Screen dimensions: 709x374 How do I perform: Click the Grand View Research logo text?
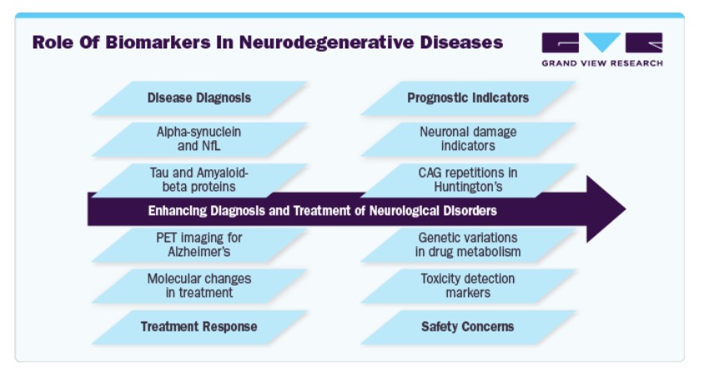[602, 63]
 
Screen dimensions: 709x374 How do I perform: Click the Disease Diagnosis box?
[199, 98]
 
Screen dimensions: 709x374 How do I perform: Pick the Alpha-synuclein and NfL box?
[199, 139]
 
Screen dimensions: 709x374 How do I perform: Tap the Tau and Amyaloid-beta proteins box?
[199, 179]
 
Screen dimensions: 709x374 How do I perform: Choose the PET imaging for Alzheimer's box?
[199, 245]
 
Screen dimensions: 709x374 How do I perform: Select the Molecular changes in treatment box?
[199, 286]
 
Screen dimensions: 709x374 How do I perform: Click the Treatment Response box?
[199, 327]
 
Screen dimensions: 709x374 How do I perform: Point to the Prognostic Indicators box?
[468, 98]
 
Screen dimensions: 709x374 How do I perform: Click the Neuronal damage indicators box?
[468, 139]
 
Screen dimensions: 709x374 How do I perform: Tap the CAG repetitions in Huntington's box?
[468, 179]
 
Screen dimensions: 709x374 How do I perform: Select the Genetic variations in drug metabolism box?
[468, 245]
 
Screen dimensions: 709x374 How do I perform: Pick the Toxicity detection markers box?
[468, 286]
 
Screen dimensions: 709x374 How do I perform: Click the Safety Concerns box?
[468, 327]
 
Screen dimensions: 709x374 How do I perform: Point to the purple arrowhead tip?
[626, 210]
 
